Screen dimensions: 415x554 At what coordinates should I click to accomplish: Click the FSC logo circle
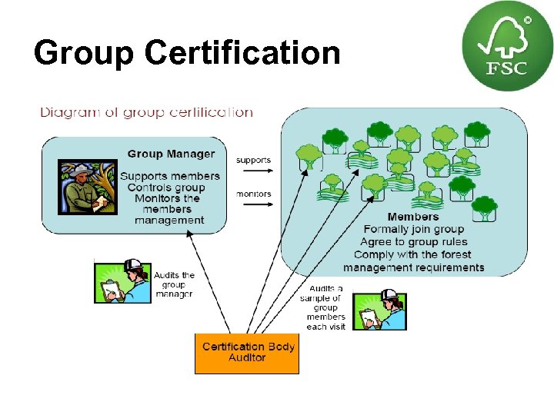point(497,46)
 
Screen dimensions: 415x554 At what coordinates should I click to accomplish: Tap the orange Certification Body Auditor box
point(247,352)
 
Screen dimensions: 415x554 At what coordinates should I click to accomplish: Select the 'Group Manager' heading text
point(171,154)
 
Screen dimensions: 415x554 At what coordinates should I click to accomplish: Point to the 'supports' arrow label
point(253,160)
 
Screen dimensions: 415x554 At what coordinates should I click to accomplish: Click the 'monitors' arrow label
point(253,194)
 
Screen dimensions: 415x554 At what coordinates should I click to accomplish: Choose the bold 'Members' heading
point(413,217)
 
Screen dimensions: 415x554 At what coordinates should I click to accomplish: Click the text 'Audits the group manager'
point(175,284)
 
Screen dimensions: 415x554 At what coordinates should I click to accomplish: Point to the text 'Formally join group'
point(414,229)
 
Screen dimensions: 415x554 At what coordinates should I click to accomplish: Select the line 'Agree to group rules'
point(414,242)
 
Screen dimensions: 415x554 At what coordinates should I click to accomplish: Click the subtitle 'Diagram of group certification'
point(146,112)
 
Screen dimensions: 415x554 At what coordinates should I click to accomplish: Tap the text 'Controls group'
point(166,188)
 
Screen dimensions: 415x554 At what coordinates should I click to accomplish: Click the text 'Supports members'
point(169,176)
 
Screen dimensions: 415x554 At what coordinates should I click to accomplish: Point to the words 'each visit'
point(325,327)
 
